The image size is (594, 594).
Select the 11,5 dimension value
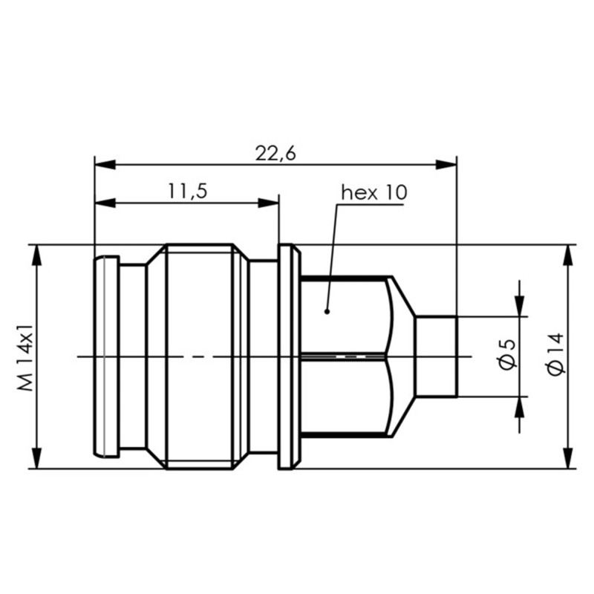(x=186, y=192)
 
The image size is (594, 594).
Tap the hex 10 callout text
(x=373, y=193)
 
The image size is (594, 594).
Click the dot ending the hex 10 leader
(x=327, y=311)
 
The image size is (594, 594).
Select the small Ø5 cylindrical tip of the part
(x=435, y=356)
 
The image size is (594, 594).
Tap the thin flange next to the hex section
(x=289, y=356)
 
